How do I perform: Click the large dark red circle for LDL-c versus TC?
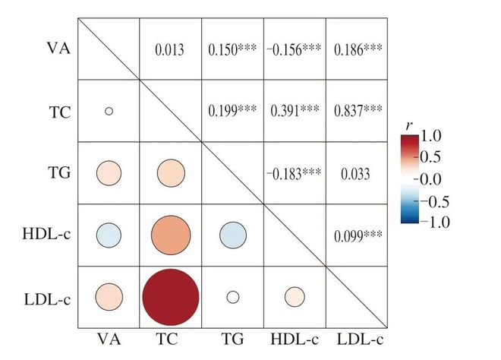coord(171,297)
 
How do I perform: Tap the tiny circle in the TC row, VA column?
coord(109,111)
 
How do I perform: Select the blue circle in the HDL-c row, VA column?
coord(109,235)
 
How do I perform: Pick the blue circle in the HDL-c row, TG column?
coord(232,235)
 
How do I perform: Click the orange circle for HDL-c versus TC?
coord(171,235)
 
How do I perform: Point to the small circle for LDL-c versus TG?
coord(232,297)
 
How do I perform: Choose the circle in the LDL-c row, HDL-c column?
coord(295,297)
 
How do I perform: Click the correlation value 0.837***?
coord(357,111)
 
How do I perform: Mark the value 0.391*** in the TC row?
coord(295,111)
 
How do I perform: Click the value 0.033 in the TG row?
coord(357,173)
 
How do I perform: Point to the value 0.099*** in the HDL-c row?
coord(357,235)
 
